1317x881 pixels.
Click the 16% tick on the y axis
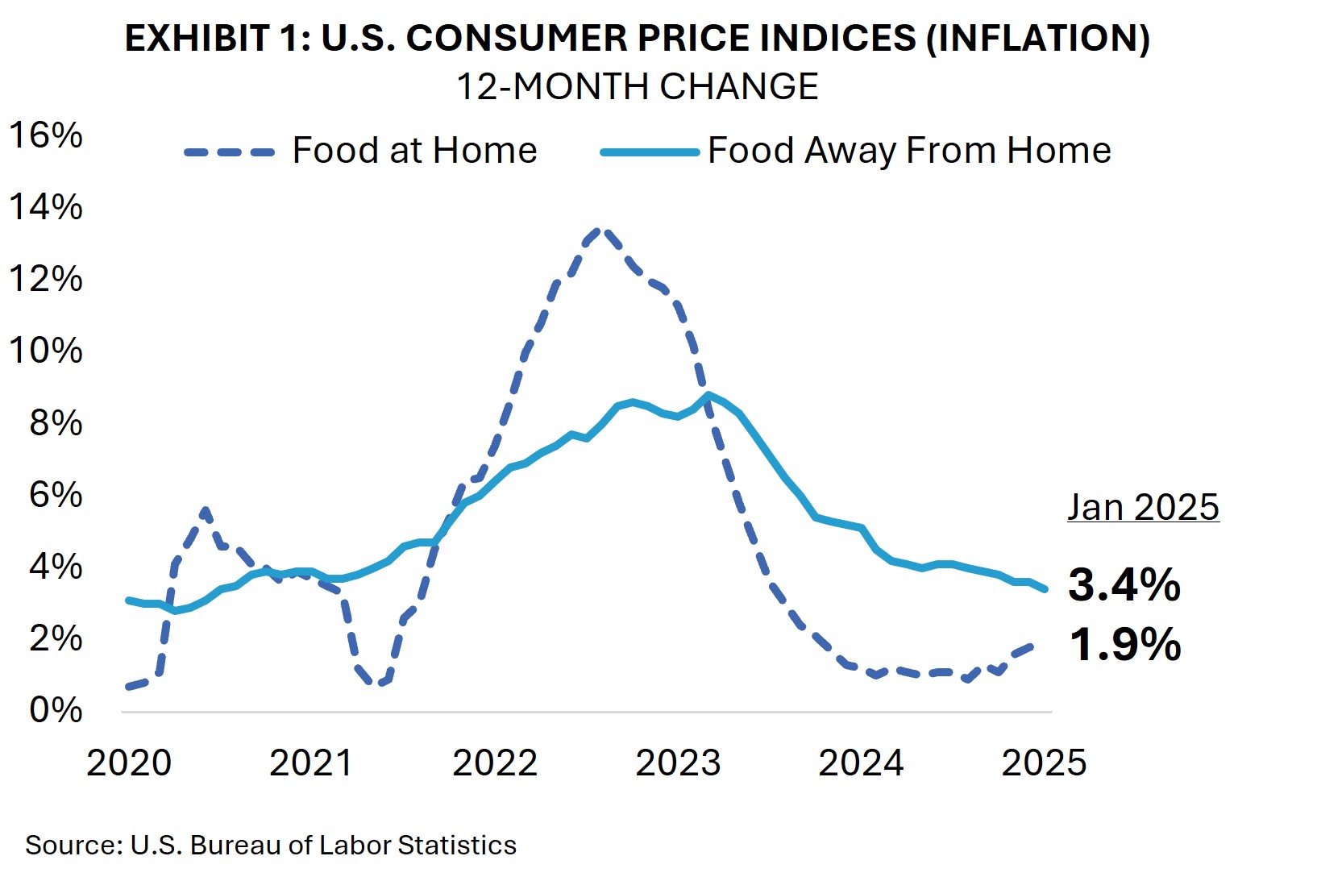click(46, 135)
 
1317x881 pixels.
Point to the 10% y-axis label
click(46, 351)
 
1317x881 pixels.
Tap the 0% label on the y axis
click(56, 710)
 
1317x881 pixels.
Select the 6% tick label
click(56, 494)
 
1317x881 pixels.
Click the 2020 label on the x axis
click(129, 763)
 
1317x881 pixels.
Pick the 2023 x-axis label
click(678, 763)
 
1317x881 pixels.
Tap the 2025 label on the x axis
click(1044, 763)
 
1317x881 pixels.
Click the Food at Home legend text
click(414, 151)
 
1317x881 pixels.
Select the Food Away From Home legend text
click(909, 151)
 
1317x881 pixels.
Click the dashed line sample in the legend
click(230, 152)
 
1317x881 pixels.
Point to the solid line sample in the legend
click(650, 152)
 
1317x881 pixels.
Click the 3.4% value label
click(1124, 584)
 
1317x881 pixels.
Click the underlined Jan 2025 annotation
click(1143, 507)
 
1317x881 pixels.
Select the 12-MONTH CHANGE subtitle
click(637, 86)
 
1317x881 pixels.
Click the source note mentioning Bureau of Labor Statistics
click(271, 845)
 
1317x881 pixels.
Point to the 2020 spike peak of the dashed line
click(206, 510)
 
